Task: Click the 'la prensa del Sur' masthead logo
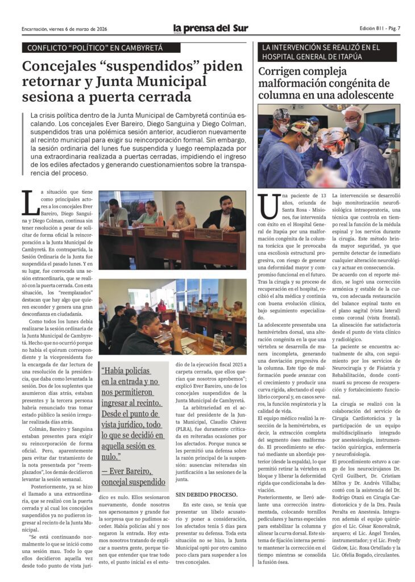tap(210, 28)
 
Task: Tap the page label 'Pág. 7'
tap(393, 28)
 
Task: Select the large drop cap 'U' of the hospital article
tap(269, 206)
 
